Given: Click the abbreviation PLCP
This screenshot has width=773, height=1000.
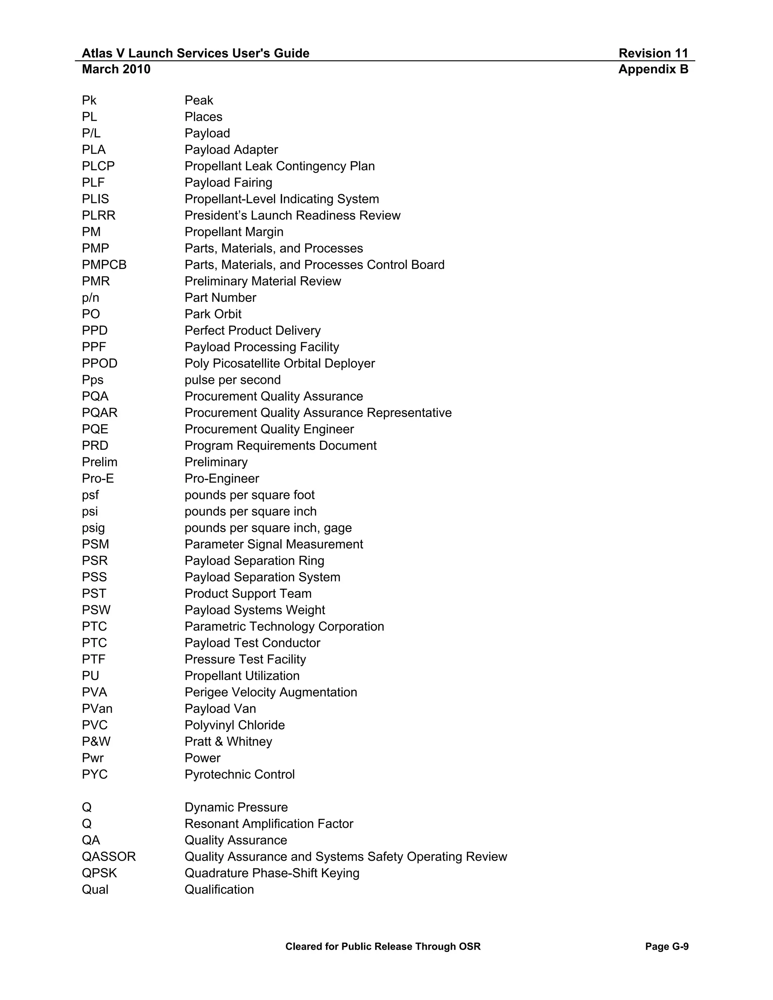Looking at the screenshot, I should [98, 166].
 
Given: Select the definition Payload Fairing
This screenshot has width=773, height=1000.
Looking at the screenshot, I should [228, 183].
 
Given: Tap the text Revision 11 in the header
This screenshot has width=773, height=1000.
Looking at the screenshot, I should [653, 53].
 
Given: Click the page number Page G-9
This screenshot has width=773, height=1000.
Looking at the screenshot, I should [666, 946].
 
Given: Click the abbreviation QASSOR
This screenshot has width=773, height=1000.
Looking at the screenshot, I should [109, 857].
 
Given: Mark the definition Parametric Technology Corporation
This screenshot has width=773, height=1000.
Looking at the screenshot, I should [284, 626].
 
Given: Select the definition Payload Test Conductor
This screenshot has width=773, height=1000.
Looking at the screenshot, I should [253, 643].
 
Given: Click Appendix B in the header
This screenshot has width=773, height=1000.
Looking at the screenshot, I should [653, 69].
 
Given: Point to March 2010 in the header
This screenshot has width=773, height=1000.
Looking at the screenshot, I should [116, 69].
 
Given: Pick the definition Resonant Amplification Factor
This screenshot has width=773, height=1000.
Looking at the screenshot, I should [269, 824].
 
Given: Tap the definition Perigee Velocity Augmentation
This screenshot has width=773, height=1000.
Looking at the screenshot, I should [271, 692].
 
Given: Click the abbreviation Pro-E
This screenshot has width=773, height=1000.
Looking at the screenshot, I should [97, 478].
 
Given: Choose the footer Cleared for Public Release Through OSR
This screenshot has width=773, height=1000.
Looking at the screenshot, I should [383, 946].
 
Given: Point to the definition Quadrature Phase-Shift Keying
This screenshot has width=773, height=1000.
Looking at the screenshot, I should [271, 873].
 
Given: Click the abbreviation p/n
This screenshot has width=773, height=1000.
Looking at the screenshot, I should [90, 298].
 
